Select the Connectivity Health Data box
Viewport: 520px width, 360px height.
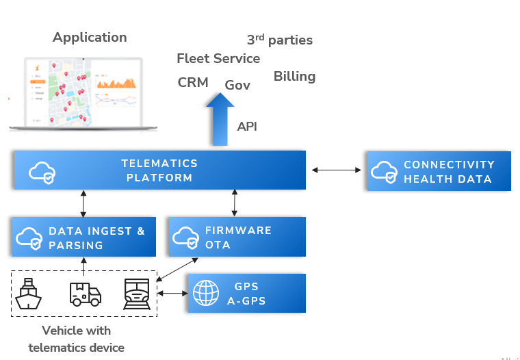(439, 171)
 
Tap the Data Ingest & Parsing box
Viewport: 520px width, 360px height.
(83, 237)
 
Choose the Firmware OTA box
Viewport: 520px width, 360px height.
(236, 237)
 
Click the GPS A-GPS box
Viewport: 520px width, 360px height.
(246, 293)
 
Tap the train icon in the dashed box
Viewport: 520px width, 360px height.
(137, 294)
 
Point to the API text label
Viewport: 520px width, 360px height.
(247, 127)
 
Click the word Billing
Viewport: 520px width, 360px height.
(294, 76)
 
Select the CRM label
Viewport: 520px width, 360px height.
(193, 82)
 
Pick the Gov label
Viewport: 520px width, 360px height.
(237, 86)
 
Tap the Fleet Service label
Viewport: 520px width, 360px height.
(218, 59)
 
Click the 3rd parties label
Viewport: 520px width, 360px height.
(279, 40)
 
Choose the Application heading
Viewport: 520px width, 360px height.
(90, 37)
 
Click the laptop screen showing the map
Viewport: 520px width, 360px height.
(82, 91)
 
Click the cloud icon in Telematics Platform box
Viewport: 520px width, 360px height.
(42, 172)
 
